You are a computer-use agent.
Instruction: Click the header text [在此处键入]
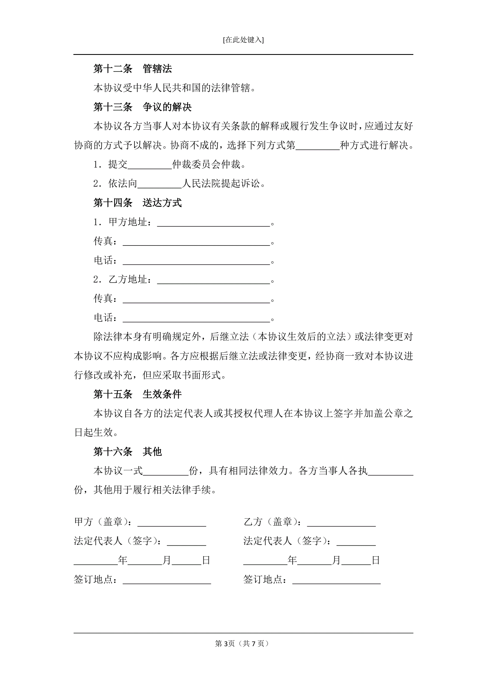[243, 40]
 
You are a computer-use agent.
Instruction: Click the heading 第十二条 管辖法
[133, 69]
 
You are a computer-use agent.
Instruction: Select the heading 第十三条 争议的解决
[142, 107]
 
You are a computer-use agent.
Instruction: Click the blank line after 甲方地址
[214, 223]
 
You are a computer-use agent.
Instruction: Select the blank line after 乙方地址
[214, 280]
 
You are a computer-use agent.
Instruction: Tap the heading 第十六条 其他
[127, 452]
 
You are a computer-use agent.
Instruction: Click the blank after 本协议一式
[166, 471]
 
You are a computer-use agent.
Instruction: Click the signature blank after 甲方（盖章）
[172, 522]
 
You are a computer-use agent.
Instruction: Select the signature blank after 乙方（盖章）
[341, 522]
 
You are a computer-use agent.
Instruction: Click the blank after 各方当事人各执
[390, 471]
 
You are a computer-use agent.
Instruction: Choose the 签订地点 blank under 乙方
[336, 580]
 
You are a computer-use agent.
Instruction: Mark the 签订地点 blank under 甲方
[167, 580]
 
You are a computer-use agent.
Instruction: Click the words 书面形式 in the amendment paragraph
[202, 375]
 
